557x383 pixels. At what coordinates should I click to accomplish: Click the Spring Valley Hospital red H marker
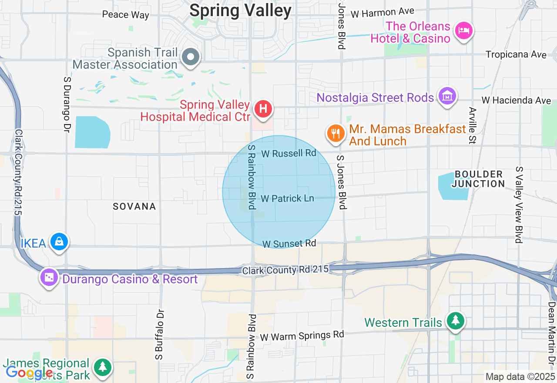[263, 108]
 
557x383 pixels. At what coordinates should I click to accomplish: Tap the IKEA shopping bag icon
[59, 242]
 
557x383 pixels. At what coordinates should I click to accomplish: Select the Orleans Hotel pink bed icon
[464, 30]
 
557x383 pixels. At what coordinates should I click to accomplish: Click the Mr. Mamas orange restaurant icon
[335, 133]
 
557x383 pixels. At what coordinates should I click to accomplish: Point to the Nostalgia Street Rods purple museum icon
[447, 95]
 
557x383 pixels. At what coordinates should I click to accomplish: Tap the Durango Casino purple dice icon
[49, 277]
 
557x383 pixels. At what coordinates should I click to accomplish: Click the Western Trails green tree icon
[456, 321]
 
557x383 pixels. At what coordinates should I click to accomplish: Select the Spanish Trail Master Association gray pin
[191, 57]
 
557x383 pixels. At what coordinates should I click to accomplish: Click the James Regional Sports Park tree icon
[103, 367]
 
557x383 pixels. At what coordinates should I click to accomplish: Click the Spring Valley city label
[241, 10]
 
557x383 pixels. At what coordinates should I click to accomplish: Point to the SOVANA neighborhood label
[134, 206]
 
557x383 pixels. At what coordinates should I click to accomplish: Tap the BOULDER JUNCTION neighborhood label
[478, 179]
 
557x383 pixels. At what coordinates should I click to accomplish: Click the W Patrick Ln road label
[287, 198]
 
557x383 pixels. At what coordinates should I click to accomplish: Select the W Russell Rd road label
[289, 153]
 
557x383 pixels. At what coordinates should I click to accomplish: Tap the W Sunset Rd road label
[289, 243]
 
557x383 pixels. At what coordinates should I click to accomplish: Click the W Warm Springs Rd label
[302, 336]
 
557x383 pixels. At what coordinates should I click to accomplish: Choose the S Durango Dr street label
[67, 104]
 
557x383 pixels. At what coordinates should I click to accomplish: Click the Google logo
[29, 373]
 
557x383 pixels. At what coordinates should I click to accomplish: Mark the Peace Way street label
[125, 15]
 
